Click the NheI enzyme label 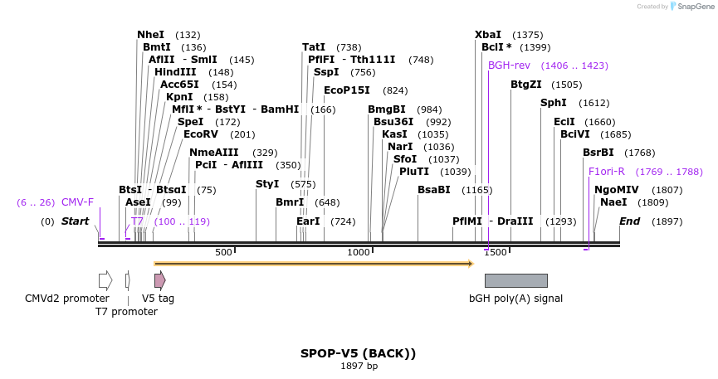click(x=151, y=35)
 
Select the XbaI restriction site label click(x=488, y=35)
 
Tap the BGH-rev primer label click(x=509, y=66)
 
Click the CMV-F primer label click(x=77, y=202)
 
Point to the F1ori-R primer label click(x=606, y=172)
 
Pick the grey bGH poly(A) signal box click(x=515, y=280)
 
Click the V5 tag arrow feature click(x=159, y=280)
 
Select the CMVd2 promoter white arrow click(x=105, y=280)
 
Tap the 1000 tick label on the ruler click(x=359, y=252)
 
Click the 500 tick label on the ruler click(x=223, y=252)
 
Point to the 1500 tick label click(x=496, y=252)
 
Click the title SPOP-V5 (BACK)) click(x=358, y=353)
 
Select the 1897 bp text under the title click(x=359, y=366)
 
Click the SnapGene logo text click(x=695, y=7)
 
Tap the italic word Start click(x=75, y=221)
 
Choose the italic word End click(x=629, y=221)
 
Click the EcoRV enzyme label click(x=201, y=134)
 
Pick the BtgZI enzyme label click(x=525, y=85)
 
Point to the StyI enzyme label click(x=267, y=184)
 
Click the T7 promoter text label click(x=126, y=312)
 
